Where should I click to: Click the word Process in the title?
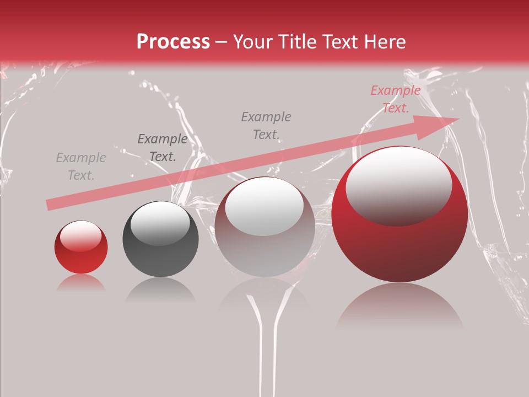[x=173, y=42]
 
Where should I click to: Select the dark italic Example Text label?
[x=163, y=148]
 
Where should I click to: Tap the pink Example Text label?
[x=396, y=99]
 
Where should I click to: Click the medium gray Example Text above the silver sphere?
[x=266, y=125]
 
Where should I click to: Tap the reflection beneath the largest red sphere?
[x=400, y=309]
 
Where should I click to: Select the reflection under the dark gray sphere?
[x=160, y=289]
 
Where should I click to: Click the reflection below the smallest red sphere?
[x=81, y=283]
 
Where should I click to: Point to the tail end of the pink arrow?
[x=48, y=205]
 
